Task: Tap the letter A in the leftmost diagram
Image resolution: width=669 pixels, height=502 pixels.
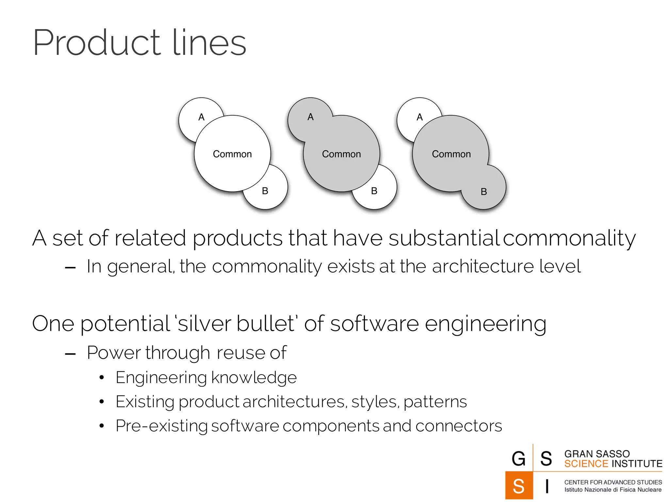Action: [201, 117]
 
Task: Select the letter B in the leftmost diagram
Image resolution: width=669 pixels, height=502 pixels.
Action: [265, 191]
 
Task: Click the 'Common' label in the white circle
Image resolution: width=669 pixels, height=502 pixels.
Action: [232, 154]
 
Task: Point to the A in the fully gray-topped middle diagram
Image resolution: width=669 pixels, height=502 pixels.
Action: [310, 117]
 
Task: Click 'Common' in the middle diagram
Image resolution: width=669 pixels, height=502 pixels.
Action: [341, 154]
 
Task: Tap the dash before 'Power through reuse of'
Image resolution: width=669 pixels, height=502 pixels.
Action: [70, 354]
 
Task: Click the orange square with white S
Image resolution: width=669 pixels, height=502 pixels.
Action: [519, 486]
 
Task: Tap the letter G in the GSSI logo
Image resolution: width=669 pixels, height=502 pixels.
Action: [518, 459]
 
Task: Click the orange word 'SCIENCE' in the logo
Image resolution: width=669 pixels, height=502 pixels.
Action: [586, 464]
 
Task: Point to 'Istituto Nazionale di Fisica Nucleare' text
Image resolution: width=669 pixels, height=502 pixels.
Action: [613, 490]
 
